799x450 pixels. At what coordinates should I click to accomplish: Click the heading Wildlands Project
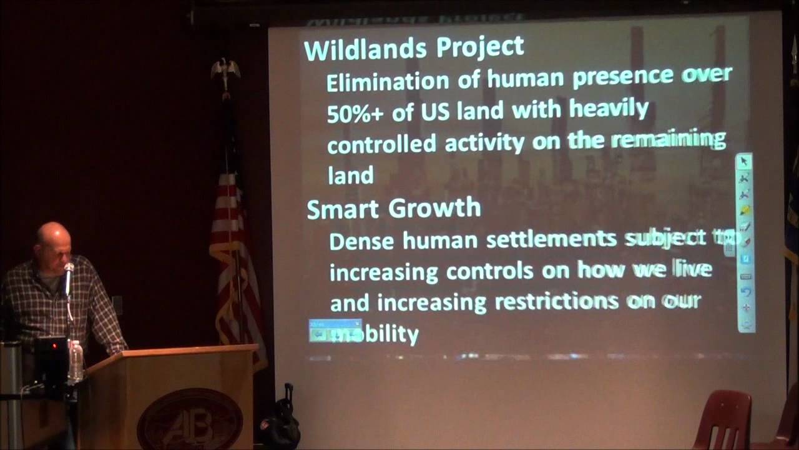(413, 48)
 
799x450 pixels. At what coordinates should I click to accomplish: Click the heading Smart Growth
(393, 209)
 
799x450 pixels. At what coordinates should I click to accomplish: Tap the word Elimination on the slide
(387, 81)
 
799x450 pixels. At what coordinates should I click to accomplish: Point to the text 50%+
(351, 112)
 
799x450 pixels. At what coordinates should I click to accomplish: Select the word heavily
(609, 109)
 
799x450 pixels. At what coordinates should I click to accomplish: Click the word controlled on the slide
(381, 144)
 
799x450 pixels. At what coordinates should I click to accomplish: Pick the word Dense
(362, 241)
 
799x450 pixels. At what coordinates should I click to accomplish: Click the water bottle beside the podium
(76, 361)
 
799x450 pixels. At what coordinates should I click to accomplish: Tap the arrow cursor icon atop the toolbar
(744, 162)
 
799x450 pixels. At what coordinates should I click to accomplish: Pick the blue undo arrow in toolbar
(745, 292)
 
